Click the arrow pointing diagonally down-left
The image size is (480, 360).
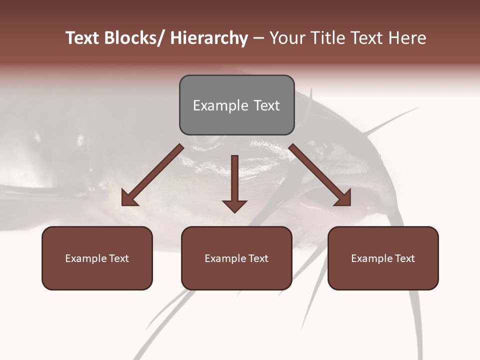pos(153,175)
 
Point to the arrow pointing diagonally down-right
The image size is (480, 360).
pos(320,175)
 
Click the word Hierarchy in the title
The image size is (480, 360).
pos(209,38)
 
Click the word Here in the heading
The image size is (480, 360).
pos(405,38)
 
